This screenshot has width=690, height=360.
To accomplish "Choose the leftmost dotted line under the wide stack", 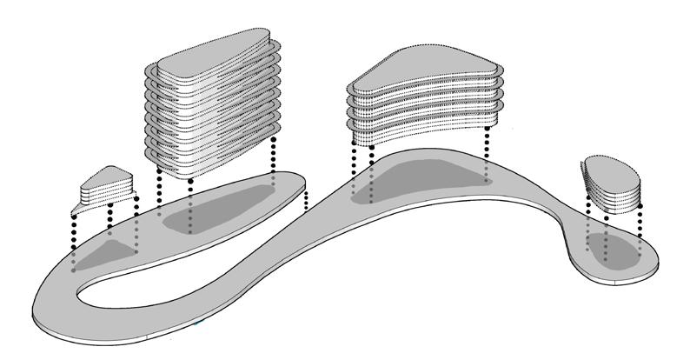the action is [x=354, y=165].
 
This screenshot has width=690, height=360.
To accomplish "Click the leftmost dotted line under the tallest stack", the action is [x=159, y=187].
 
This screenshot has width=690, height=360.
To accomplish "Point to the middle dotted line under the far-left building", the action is [x=109, y=221].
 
